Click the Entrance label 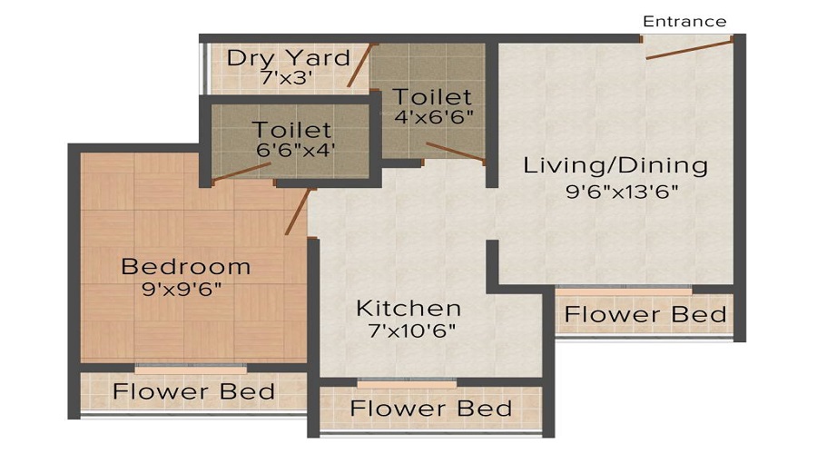(684, 21)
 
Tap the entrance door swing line (689, 49)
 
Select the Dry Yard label (288, 58)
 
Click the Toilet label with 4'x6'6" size (431, 96)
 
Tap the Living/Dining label (615, 166)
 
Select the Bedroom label (185, 267)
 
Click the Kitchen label (408, 308)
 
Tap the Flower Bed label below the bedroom (193, 392)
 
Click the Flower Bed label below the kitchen (430, 409)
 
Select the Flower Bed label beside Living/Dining (645, 315)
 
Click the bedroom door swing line (298, 212)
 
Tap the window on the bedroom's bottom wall (191, 368)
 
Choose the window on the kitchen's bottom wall (394, 382)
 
